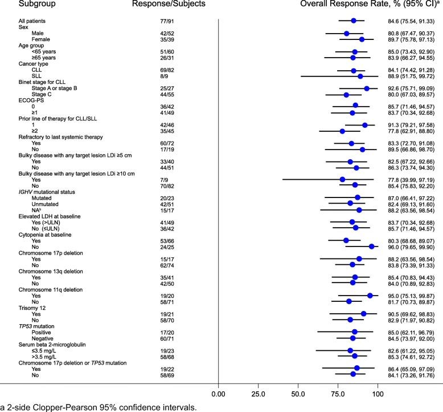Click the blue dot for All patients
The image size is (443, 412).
pyautogui.click(x=353, y=21)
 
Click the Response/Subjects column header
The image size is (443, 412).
pyautogui.click(x=147, y=5)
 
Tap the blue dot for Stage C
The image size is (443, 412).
pyautogui.click(x=346, y=95)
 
